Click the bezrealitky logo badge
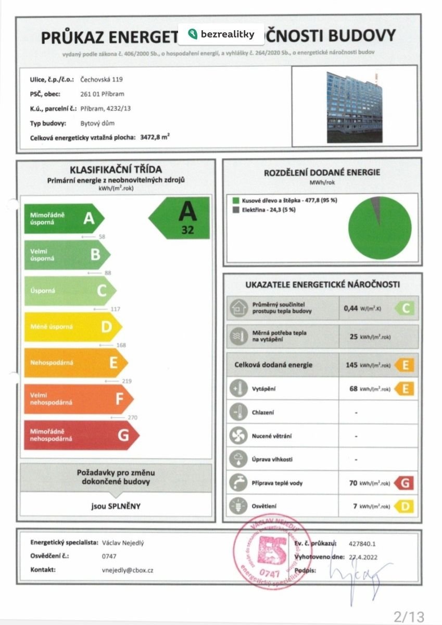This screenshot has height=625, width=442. point(221,34)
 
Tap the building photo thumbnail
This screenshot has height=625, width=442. point(354,107)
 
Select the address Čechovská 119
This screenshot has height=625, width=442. point(102,80)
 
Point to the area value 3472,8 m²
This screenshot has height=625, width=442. point(155,138)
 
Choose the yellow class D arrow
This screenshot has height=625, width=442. point(73,327)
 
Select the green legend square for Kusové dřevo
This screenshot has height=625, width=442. point(236,200)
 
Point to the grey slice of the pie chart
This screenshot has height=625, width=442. point(376,204)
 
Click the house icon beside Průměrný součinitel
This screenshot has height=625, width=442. point(238,308)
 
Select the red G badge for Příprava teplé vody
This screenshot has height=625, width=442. point(405,483)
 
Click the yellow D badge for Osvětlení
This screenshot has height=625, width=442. point(405,506)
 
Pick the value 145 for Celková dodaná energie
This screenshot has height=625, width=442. point(351,365)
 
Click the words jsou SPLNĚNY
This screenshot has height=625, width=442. point(116,506)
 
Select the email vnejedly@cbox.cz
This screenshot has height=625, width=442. point(128,570)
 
